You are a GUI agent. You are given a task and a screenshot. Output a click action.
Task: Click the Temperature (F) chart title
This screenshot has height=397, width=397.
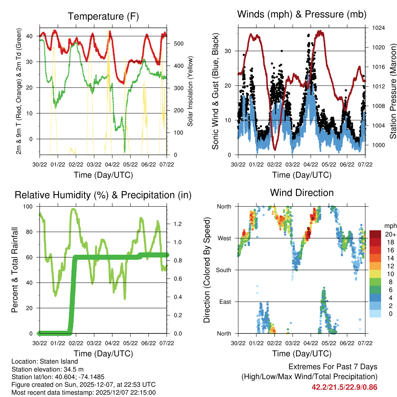(103, 16)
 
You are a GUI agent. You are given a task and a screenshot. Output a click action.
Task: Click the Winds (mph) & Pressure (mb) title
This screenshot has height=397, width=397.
(302, 14)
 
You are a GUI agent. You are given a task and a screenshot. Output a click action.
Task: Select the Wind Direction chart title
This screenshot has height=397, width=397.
(302, 192)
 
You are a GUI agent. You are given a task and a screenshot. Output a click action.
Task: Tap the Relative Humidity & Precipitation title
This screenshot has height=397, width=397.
(103, 195)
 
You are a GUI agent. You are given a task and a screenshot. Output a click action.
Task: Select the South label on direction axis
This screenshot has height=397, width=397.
(223, 270)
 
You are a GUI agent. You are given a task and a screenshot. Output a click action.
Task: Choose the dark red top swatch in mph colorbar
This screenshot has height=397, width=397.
(375, 234)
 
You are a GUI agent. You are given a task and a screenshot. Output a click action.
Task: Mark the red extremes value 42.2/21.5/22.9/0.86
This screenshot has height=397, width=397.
(344, 387)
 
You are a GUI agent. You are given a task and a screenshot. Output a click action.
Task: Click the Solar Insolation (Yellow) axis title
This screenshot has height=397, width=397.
(190, 91)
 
